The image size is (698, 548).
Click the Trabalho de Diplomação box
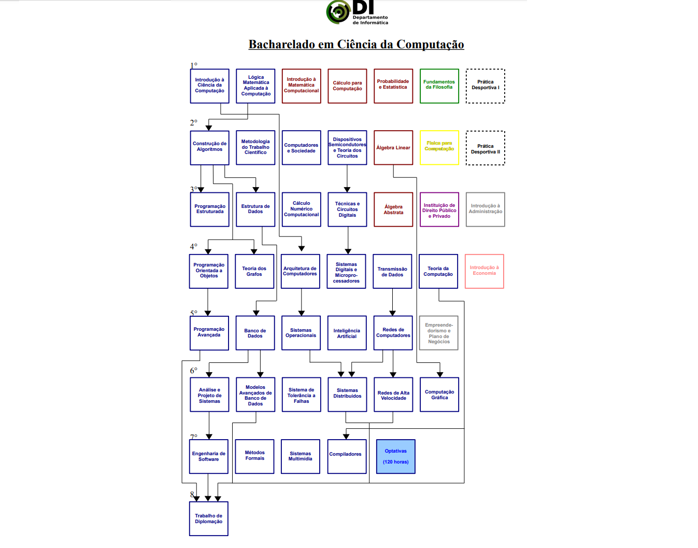(x=209, y=518)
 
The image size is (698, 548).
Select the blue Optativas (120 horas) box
(x=396, y=457)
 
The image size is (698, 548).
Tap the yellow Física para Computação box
(x=439, y=148)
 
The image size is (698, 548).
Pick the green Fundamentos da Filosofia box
(x=439, y=86)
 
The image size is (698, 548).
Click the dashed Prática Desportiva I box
(x=486, y=86)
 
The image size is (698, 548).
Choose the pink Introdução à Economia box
(x=485, y=271)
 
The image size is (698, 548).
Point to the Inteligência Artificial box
(x=347, y=333)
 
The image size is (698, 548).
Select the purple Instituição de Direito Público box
(x=439, y=209)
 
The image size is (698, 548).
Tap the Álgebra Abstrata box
(x=393, y=209)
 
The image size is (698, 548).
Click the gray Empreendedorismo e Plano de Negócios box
(x=439, y=333)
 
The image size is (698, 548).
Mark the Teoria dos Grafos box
(x=254, y=271)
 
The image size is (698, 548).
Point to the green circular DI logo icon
(x=338, y=12)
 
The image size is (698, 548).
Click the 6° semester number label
(x=193, y=371)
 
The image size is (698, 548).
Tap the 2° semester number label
(x=193, y=123)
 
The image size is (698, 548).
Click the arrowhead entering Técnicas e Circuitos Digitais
(x=347, y=190)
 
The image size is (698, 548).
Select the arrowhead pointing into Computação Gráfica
(x=440, y=374)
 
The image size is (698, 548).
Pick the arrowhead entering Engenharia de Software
(x=209, y=437)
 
